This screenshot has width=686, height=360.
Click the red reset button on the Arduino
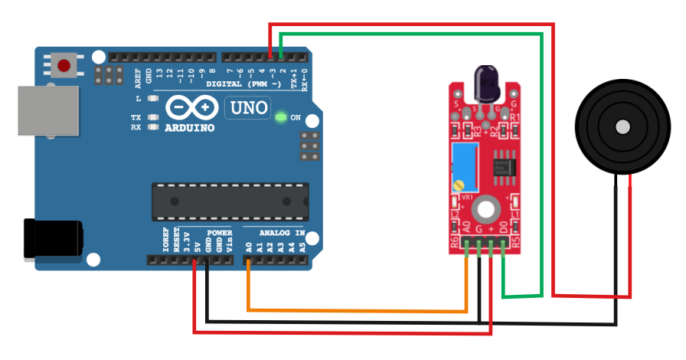[64, 66]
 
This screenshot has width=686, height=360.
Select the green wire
[541, 153]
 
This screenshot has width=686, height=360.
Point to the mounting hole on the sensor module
[485, 208]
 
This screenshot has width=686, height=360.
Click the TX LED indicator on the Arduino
[153, 118]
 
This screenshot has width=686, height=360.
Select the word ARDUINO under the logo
[189, 128]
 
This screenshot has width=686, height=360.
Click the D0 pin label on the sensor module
[502, 227]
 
